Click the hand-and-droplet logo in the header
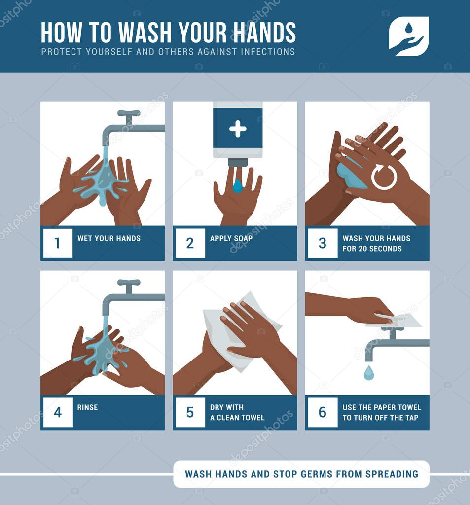pos(408,36)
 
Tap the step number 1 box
pos(58,243)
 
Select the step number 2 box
pos(190,243)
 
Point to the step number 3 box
pos(323,243)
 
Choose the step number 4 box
pos(58,412)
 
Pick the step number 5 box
pos(190,412)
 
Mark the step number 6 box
pos(323,412)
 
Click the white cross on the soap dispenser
pos(238,129)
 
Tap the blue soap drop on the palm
pos(238,186)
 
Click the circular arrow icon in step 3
pos(384,177)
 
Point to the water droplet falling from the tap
pos(368,372)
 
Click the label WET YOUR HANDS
pos(109,238)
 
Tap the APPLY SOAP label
pos(231,238)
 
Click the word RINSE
pos(87,407)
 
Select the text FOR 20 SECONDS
pos(372,249)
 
